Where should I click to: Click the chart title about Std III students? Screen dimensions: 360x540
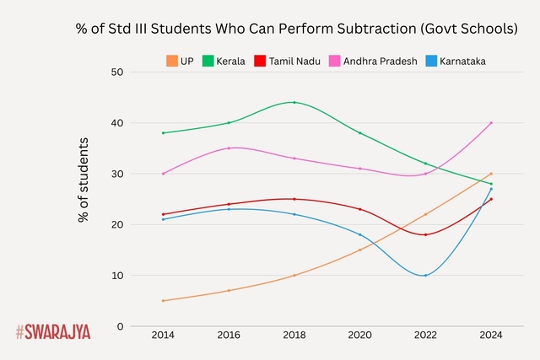(296, 28)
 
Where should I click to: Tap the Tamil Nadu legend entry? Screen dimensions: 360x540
(286, 61)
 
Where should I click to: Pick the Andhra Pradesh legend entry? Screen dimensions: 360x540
(372, 61)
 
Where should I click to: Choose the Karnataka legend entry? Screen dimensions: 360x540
(455, 61)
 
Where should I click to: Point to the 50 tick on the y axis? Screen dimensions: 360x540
(117, 73)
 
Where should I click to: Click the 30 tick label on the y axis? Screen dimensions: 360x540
(117, 174)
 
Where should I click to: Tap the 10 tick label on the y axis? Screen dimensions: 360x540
(117, 276)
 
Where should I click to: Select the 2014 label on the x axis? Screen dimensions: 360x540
(163, 336)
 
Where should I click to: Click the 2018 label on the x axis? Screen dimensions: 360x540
(294, 336)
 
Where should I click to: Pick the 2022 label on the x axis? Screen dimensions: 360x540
(425, 336)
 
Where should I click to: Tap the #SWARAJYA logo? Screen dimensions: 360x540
(52, 331)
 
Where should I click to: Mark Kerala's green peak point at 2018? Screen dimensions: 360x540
(294, 102)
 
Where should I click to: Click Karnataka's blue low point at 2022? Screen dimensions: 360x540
(425, 276)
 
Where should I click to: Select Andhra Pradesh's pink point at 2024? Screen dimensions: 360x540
(491, 123)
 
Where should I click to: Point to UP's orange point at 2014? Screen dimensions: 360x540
(163, 301)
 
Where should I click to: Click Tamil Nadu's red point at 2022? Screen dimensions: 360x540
(425, 234)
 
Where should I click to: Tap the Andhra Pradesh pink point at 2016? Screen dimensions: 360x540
(229, 148)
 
